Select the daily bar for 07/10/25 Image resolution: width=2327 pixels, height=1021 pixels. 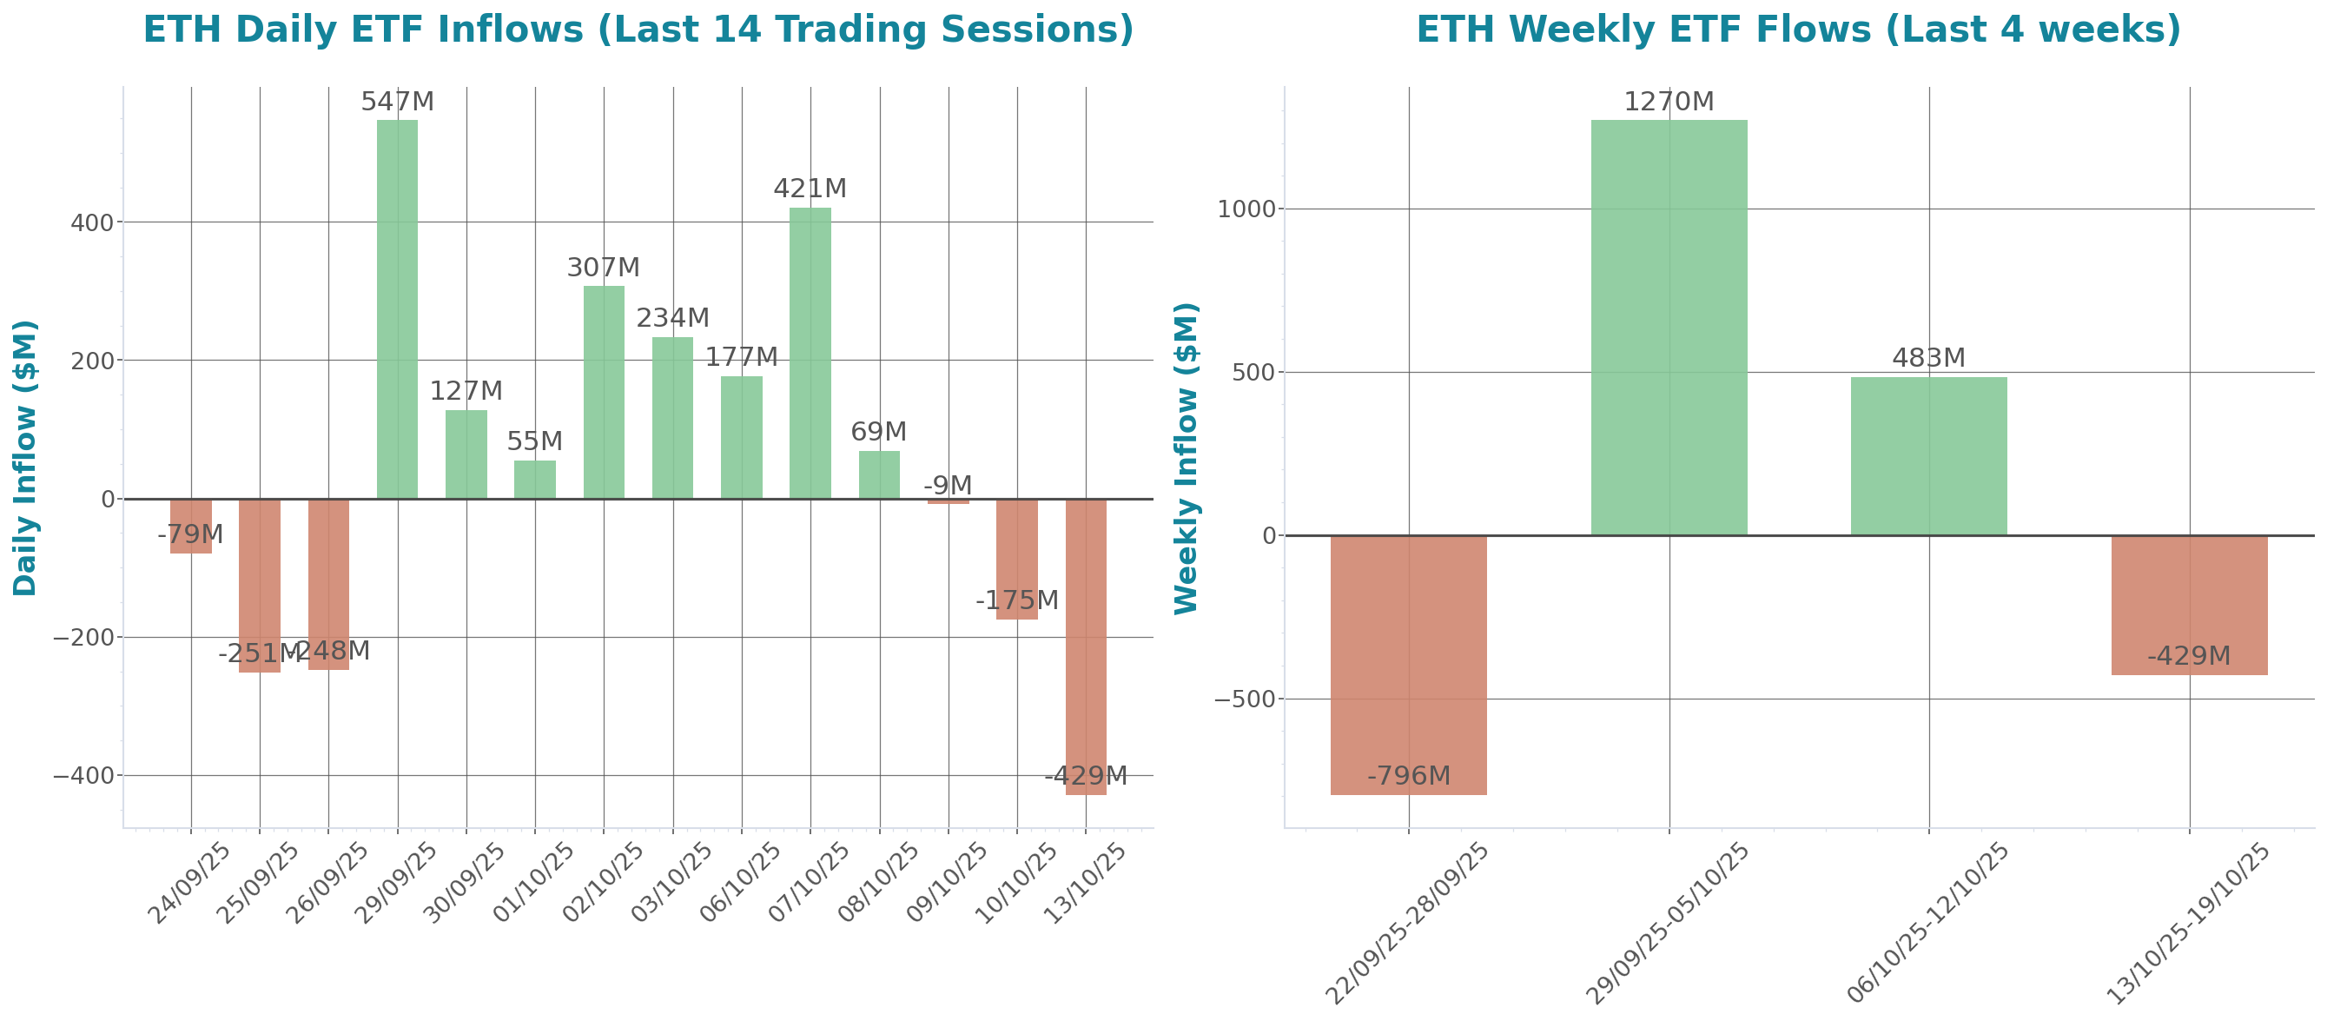tap(810, 353)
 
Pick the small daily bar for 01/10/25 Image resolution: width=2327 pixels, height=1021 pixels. tap(535, 480)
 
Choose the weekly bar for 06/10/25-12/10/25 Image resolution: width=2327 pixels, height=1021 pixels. tap(1928, 455)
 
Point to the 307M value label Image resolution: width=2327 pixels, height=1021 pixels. tap(604, 268)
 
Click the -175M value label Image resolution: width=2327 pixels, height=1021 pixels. tap(1016, 600)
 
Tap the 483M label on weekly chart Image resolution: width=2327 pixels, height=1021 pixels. tap(1928, 358)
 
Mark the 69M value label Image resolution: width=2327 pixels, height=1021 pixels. tap(878, 432)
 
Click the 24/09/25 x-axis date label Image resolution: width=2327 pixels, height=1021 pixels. tap(189, 883)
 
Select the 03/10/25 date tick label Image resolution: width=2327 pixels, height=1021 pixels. tap(671, 883)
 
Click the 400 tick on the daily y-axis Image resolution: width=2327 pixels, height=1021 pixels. tap(92, 222)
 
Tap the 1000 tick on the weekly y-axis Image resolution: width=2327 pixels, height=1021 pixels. tap(1247, 209)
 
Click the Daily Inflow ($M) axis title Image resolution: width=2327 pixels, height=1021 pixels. tap(25, 458)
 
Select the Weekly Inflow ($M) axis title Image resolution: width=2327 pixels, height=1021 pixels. tap(1186, 458)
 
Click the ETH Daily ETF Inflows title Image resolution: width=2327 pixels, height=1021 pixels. tap(638, 30)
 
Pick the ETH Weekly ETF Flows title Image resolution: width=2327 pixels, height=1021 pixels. tap(1798, 30)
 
